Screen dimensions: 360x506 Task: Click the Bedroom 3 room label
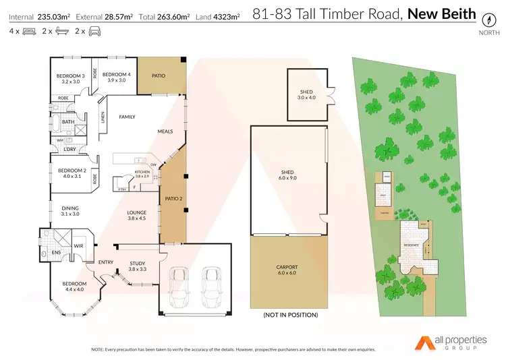70,78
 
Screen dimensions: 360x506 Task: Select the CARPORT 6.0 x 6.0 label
287,270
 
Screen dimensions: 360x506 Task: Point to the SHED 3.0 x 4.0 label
307,94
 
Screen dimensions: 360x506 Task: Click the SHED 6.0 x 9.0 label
288,175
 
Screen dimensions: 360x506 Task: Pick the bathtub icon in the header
62,31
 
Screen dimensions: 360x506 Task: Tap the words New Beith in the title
441,13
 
